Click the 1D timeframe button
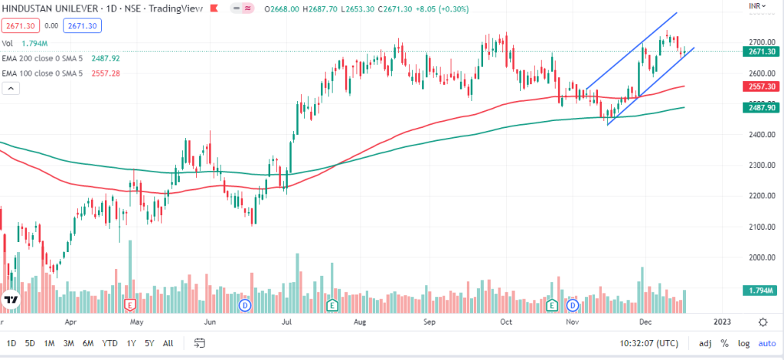[11, 343]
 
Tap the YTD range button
[109, 343]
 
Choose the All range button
[168, 343]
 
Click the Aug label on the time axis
[358, 322]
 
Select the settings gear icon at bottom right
[763, 322]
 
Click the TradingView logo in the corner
[11, 300]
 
